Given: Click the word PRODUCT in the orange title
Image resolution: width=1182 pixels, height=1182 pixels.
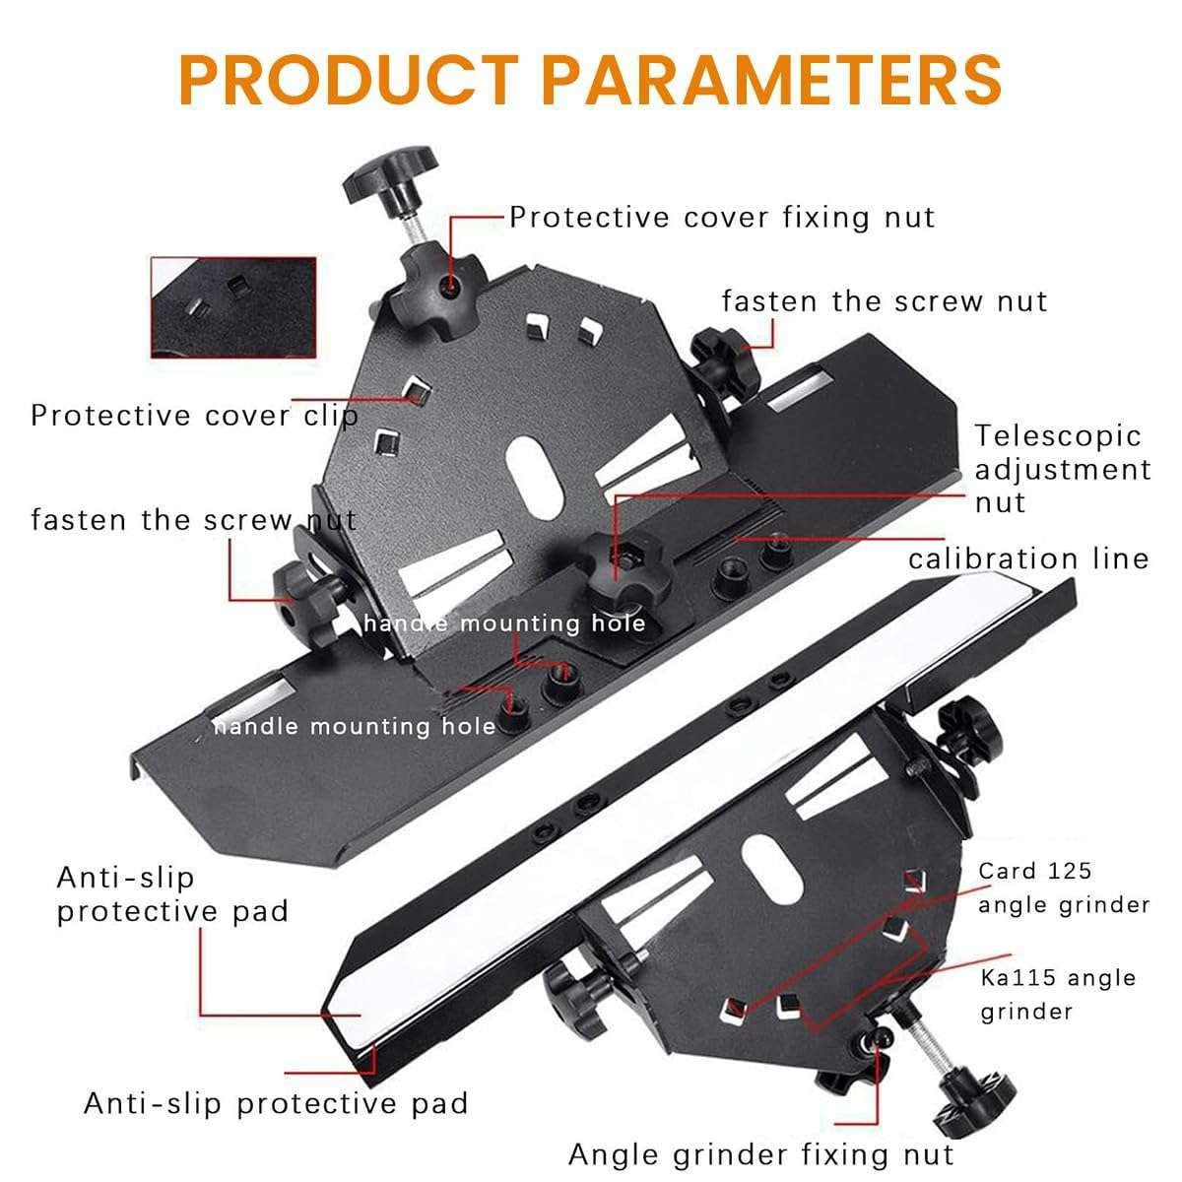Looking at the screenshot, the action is pyautogui.click(x=349, y=80).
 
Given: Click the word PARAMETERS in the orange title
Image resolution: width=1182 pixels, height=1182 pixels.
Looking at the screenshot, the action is pyautogui.click(x=772, y=80).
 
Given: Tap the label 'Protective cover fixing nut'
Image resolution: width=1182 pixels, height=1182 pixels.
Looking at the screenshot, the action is pyautogui.click(x=722, y=218).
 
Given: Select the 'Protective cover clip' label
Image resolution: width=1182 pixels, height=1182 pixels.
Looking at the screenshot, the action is pyautogui.click(x=194, y=416).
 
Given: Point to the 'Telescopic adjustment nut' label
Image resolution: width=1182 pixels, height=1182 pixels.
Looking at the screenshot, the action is pyautogui.click(x=1063, y=469).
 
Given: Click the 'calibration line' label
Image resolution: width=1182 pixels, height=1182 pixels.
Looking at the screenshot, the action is pyautogui.click(x=1028, y=558).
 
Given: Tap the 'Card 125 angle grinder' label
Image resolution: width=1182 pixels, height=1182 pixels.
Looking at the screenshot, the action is pyautogui.click(x=1064, y=887).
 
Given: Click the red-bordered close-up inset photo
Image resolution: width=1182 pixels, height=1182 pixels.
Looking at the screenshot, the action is pyautogui.click(x=233, y=307).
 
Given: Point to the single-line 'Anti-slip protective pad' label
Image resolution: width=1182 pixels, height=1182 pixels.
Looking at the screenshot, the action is pyautogui.click(x=276, y=1103).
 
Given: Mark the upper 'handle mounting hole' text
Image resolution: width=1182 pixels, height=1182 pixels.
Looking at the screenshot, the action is pyautogui.click(x=505, y=624).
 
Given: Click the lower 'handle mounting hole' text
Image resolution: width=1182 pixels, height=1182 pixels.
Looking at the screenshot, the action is pyautogui.click(x=355, y=727).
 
